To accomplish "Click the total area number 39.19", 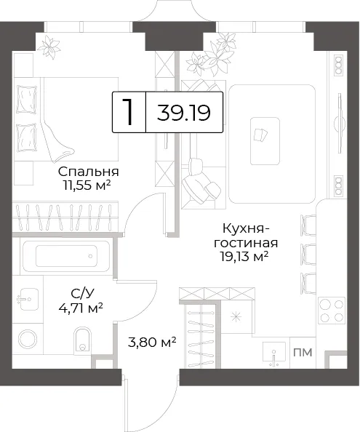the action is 184,113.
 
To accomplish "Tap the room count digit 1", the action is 127,112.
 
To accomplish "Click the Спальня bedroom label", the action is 89,172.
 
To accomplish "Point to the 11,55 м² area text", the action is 87,185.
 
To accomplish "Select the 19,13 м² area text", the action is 244,257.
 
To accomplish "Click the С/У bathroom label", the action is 82,295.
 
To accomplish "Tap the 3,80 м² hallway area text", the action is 152,343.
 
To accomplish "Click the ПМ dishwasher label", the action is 303,352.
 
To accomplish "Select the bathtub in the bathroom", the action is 66,256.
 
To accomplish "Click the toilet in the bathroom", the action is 82,340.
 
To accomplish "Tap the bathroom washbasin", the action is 28,299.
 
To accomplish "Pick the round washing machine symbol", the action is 28,339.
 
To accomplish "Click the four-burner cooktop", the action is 332,311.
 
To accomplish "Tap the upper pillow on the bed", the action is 27,99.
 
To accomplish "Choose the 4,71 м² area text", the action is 81,308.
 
